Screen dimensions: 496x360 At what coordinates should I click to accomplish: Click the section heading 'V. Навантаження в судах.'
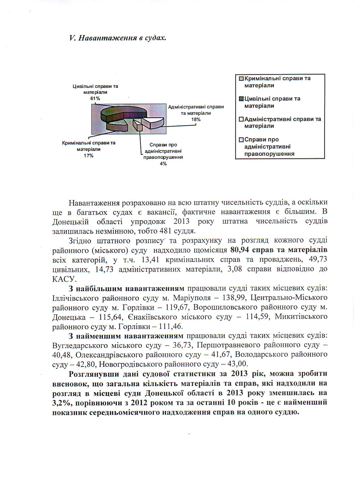pos(117,38)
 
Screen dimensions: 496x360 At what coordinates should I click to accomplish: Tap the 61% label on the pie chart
pos(95,98)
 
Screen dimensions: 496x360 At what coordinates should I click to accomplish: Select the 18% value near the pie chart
pos(196,119)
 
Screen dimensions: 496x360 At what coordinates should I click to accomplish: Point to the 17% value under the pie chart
pos(88,155)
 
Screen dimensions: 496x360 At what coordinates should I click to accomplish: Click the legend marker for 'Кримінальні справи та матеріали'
pos(241,79)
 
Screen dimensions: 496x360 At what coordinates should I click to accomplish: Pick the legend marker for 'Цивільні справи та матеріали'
pos(241,99)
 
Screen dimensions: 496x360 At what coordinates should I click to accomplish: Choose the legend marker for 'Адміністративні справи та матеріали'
pos(241,119)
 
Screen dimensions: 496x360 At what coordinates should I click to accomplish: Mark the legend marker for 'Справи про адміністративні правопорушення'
pos(241,140)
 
